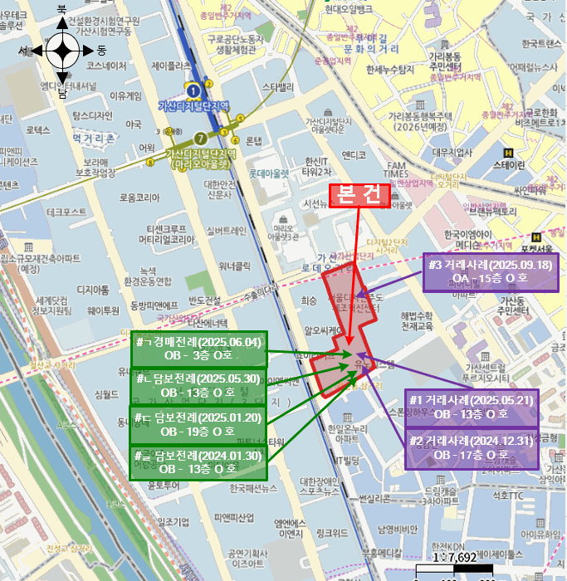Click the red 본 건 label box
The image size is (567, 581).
point(359,194)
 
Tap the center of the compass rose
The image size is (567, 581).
point(62,51)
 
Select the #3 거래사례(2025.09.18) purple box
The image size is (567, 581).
point(491,273)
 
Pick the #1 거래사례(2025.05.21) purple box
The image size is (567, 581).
point(471,406)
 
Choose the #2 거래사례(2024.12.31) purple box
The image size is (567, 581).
point(471,448)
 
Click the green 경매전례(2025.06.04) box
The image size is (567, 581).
point(198,349)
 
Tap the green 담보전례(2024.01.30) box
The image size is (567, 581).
point(198,462)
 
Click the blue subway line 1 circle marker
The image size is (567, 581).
point(193,90)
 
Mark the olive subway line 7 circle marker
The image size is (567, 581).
point(199,138)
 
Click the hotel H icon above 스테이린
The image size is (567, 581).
point(508,152)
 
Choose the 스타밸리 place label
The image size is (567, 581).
point(277,86)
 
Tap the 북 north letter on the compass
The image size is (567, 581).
point(61,9)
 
